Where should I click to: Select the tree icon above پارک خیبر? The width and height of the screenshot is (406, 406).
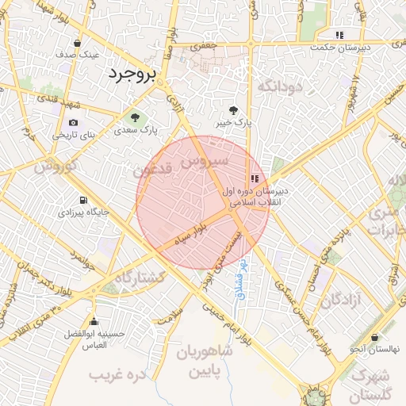(x=233, y=110)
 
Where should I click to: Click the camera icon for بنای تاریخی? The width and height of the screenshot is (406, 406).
(x=74, y=123)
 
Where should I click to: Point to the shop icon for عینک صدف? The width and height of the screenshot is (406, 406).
(x=77, y=44)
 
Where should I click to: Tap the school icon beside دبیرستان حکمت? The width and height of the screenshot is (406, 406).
(x=339, y=35)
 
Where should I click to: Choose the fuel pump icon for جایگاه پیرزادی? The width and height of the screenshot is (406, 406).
(x=83, y=201)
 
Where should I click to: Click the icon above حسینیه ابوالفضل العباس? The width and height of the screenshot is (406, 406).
(x=94, y=321)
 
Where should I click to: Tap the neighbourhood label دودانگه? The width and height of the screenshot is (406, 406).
(x=275, y=86)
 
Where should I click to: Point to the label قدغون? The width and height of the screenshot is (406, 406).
(x=151, y=170)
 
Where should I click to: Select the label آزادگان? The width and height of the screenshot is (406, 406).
(x=342, y=300)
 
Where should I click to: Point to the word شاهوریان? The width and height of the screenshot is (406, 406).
(x=204, y=351)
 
